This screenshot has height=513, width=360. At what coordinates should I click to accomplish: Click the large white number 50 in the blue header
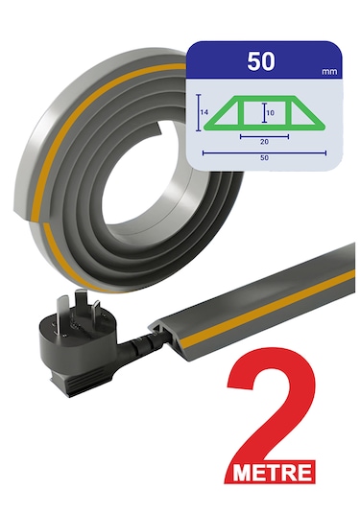[x=261, y=61]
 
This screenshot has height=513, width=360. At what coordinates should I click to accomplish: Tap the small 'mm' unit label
[x=329, y=72]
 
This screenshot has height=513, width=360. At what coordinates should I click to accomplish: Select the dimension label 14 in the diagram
[x=204, y=112]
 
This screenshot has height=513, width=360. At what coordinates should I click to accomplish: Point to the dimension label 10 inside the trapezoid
[x=271, y=113]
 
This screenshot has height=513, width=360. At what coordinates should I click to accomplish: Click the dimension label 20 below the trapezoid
[x=264, y=141]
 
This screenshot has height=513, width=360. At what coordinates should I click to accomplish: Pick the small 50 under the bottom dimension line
[x=264, y=157]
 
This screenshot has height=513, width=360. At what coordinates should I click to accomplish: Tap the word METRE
[x=272, y=472]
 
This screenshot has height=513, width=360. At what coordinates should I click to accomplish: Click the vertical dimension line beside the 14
[x=198, y=112]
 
